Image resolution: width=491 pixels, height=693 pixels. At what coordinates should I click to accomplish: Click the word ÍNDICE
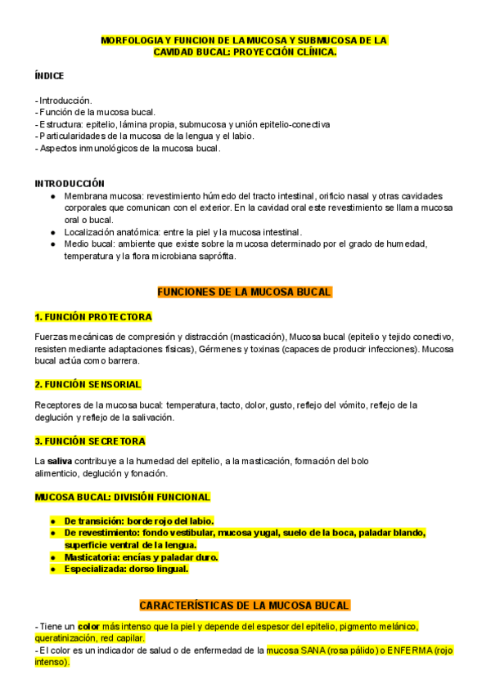[x=49, y=74]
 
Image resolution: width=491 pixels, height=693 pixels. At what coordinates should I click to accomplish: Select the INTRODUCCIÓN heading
[x=70, y=184]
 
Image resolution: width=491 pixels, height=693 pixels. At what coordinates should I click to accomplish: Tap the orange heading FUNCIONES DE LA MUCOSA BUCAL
[x=244, y=292]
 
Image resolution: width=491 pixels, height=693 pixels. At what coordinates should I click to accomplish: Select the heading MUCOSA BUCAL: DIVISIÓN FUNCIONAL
[x=122, y=497]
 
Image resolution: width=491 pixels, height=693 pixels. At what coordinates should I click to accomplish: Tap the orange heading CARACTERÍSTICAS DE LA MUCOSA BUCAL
[x=245, y=606]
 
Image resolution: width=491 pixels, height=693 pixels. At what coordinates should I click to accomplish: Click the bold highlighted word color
[x=88, y=627]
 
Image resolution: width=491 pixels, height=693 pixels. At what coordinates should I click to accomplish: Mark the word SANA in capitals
[x=311, y=651]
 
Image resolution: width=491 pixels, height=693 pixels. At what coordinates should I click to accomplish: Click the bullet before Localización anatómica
[x=53, y=232]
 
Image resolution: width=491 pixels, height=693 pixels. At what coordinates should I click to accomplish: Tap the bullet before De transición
[x=53, y=521]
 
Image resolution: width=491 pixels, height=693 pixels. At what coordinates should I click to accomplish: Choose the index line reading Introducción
[x=65, y=101]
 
